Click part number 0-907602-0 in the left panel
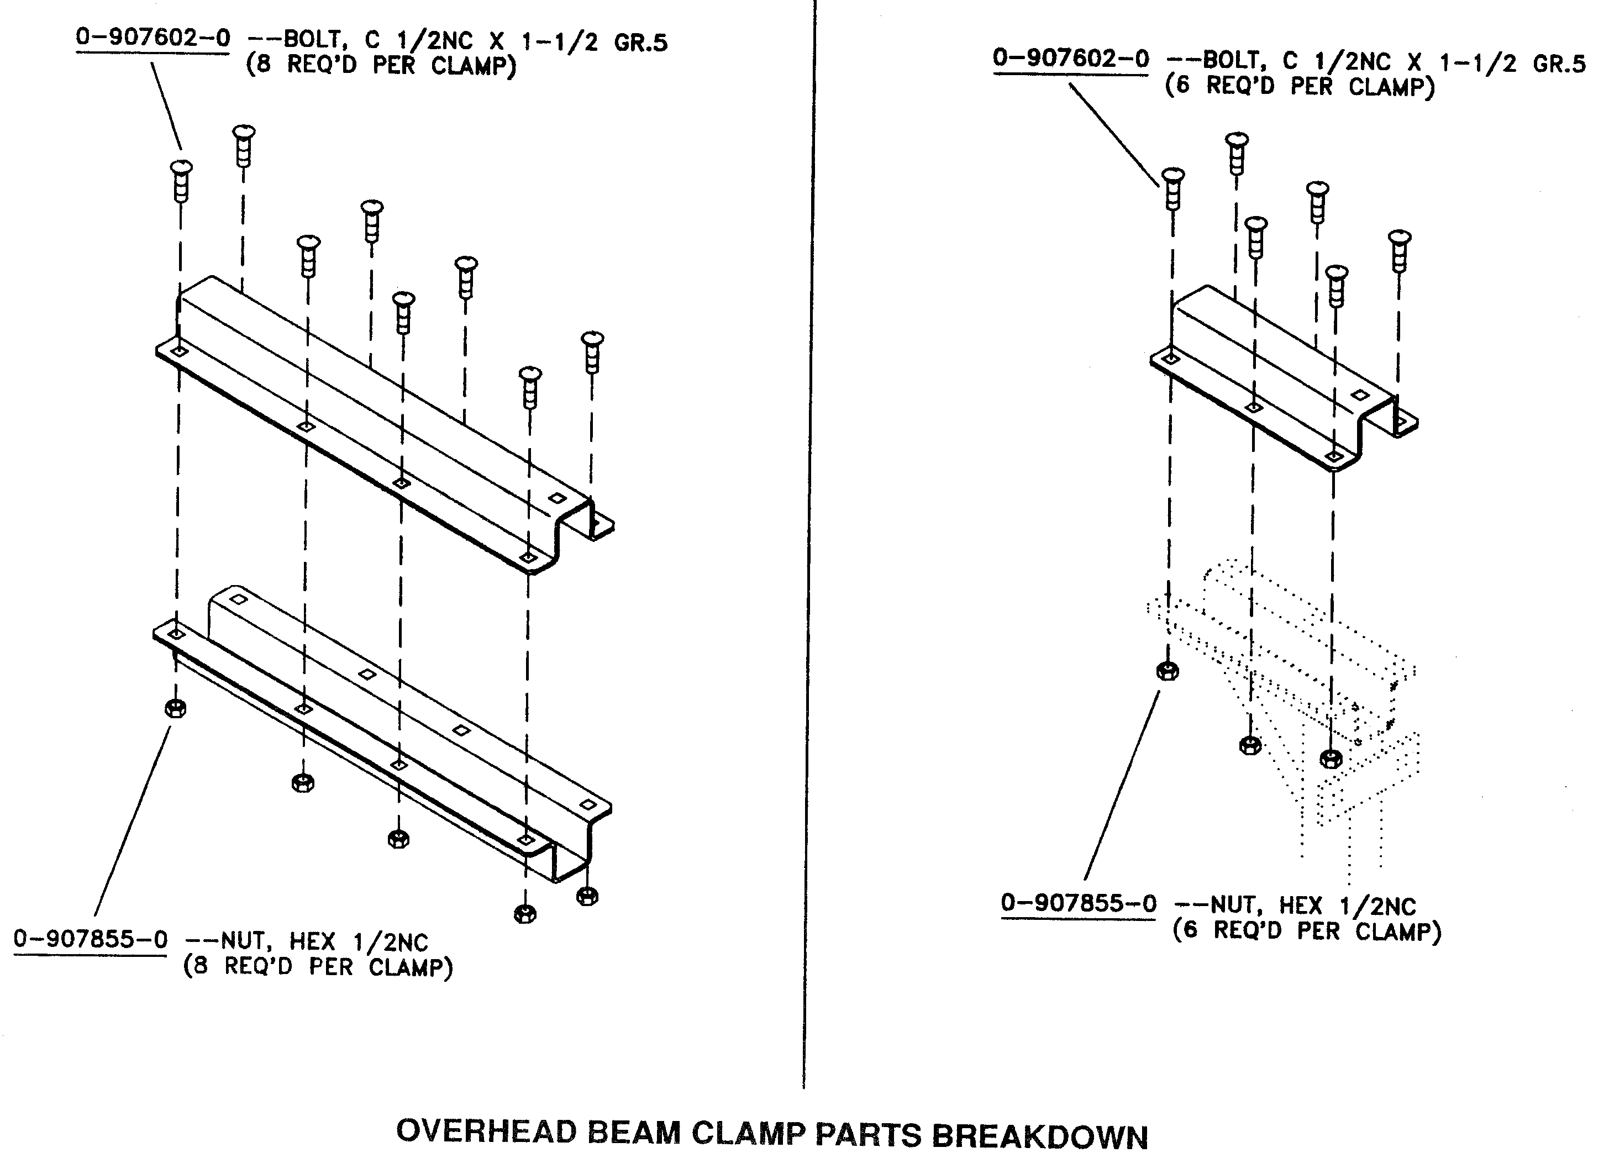pos(153,37)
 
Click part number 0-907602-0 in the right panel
pos(1070,58)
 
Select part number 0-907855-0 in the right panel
pos(1079,903)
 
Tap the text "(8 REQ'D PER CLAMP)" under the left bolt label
pos(381,66)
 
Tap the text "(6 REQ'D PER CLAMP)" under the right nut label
pos(1307,930)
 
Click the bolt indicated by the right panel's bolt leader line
pos(1172,189)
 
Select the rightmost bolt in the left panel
pos(592,352)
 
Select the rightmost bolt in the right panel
pos(1399,250)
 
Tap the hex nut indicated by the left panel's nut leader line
pos(175,708)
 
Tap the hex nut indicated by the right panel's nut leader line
pos(1168,671)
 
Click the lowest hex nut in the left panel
pos(524,913)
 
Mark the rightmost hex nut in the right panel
pos(1331,759)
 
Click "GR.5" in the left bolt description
pos(640,43)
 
